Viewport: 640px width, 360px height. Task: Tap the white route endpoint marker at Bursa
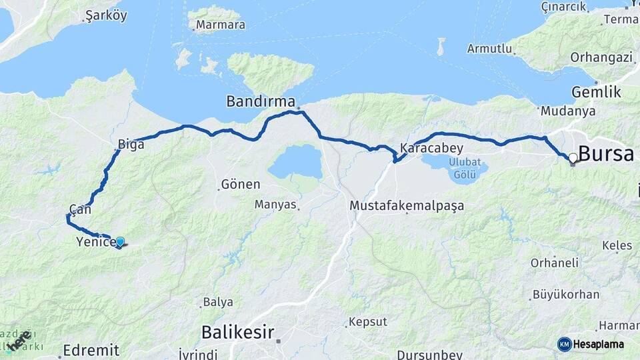573,158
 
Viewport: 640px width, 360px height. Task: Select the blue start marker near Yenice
120,242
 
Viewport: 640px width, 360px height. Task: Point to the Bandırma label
261,102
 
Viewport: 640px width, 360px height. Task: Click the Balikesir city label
237,331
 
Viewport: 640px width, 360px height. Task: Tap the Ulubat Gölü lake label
463,168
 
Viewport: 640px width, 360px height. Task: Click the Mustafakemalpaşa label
407,206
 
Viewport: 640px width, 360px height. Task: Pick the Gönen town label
240,183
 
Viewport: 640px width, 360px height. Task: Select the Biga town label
131,144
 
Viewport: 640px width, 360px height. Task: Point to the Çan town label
80,209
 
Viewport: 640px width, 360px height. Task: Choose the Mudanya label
567,111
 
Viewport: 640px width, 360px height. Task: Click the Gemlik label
596,92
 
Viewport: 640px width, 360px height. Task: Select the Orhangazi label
601,57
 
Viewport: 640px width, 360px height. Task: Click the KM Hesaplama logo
591,344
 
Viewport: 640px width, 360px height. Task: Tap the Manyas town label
275,205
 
